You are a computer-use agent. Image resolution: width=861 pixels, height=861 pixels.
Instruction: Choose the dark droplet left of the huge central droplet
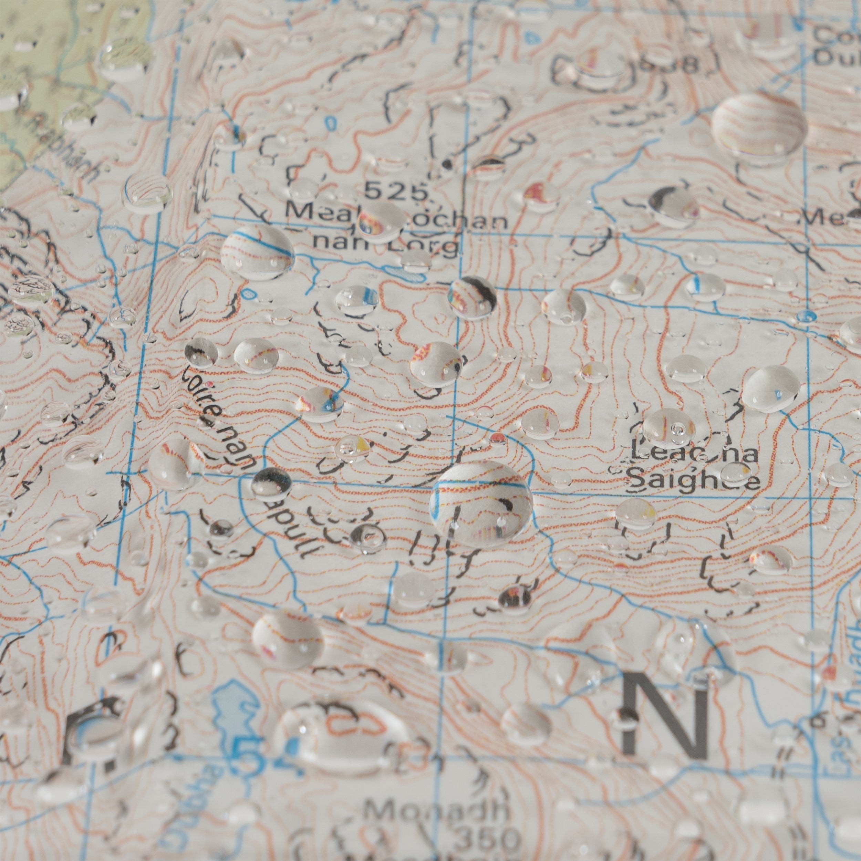[271, 482]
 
